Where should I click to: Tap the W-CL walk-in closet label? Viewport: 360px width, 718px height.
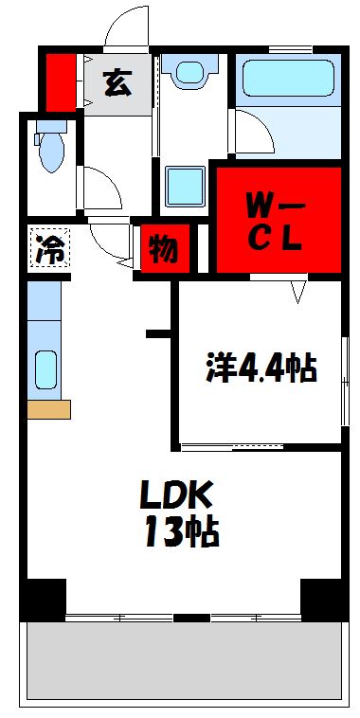[x=275, y=220]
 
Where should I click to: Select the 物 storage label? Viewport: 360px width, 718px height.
[x=162, y=251]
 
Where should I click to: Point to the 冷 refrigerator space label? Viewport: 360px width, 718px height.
[x=48, y=250]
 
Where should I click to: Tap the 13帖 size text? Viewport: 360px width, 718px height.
[x=181, y=533]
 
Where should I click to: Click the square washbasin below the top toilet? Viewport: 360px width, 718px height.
[x=185, y=186]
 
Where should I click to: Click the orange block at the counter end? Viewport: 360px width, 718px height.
[x=48, y=409]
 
